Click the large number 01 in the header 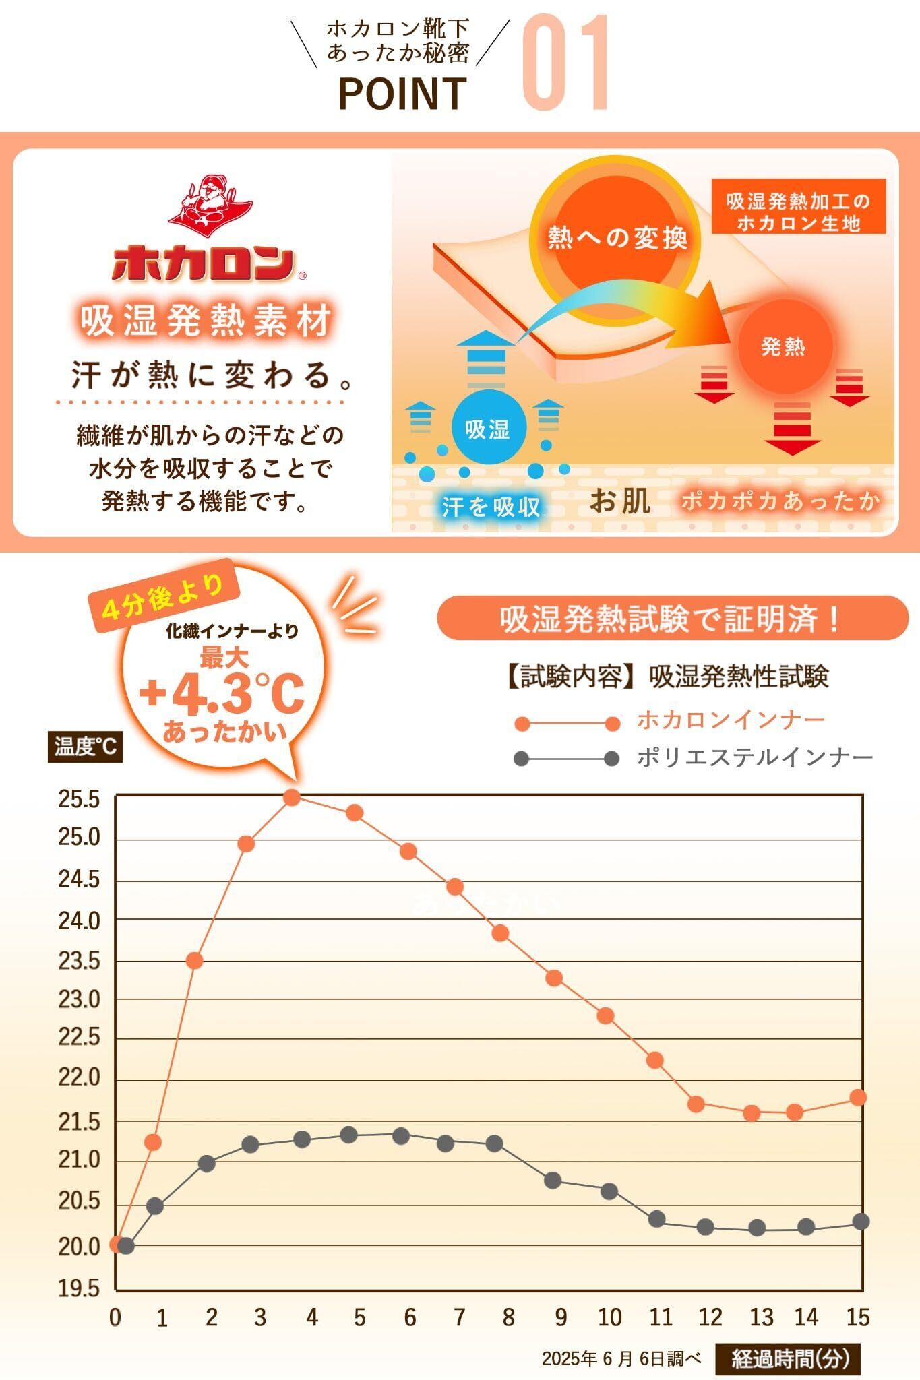pyautogui.click(x=566, y=64)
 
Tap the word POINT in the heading pyautogui.click(x=402, y=94)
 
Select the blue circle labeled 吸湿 pyautogui.click(x=487, y=429)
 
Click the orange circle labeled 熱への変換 pyautogui.click(x=616, y=237)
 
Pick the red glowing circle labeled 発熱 pyautogui.click(x=783, y=346)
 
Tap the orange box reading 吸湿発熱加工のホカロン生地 pyautogui.click(x=798, y=212)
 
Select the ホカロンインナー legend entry pyautogui.click(x=731, y=720)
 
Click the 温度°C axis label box pyautogui.click(x=85, y=747)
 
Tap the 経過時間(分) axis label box pyautogui.click(x=789, y=1358)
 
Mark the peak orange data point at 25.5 pyautogui.click(x=292, y=797)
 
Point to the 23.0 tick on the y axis pyautogui.click(x=79, y=999)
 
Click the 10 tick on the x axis pyautogui.click(x=610, y=1317)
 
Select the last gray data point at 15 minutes pyautogui.click(x=860, y=1221)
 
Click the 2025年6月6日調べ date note pyautogui.click(x=621, y=1358)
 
